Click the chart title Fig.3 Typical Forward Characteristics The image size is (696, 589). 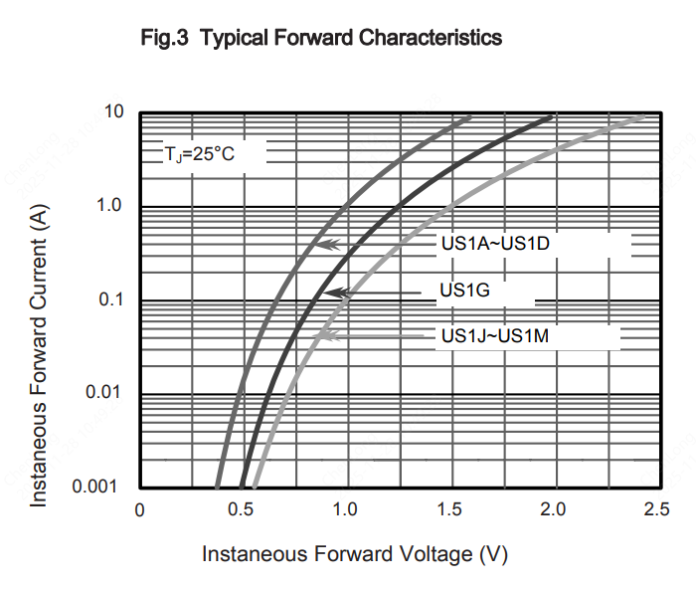click(323, 39)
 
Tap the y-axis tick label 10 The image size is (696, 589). click(113, 112)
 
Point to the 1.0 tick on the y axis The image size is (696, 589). click(109, 206)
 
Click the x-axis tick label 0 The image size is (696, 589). click(140, 510)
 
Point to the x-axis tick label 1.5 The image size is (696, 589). click(449, 510)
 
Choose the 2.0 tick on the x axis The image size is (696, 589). click(553, 510)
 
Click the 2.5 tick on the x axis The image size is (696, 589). click(656, 510)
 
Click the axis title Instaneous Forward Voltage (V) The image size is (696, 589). click(355, 553)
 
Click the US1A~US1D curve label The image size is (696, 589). click(494, 244)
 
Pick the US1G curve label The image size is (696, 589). click(465, 291)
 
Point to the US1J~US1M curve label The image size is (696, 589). click(494, 336)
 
